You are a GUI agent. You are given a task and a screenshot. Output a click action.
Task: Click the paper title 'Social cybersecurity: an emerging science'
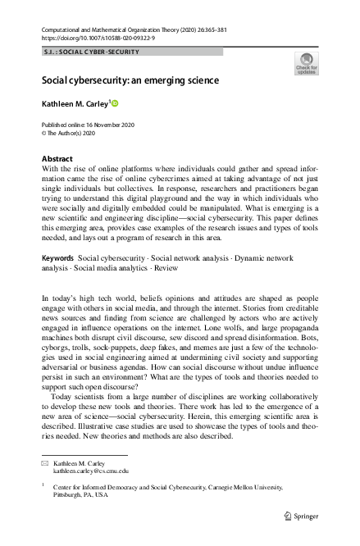pos(130,80)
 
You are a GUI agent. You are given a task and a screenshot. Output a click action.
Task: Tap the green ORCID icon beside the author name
pos(116,103)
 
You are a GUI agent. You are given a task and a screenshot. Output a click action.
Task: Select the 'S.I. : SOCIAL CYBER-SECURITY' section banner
pos(91,52)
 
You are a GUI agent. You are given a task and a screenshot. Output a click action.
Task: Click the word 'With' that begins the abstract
pos(50,166)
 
